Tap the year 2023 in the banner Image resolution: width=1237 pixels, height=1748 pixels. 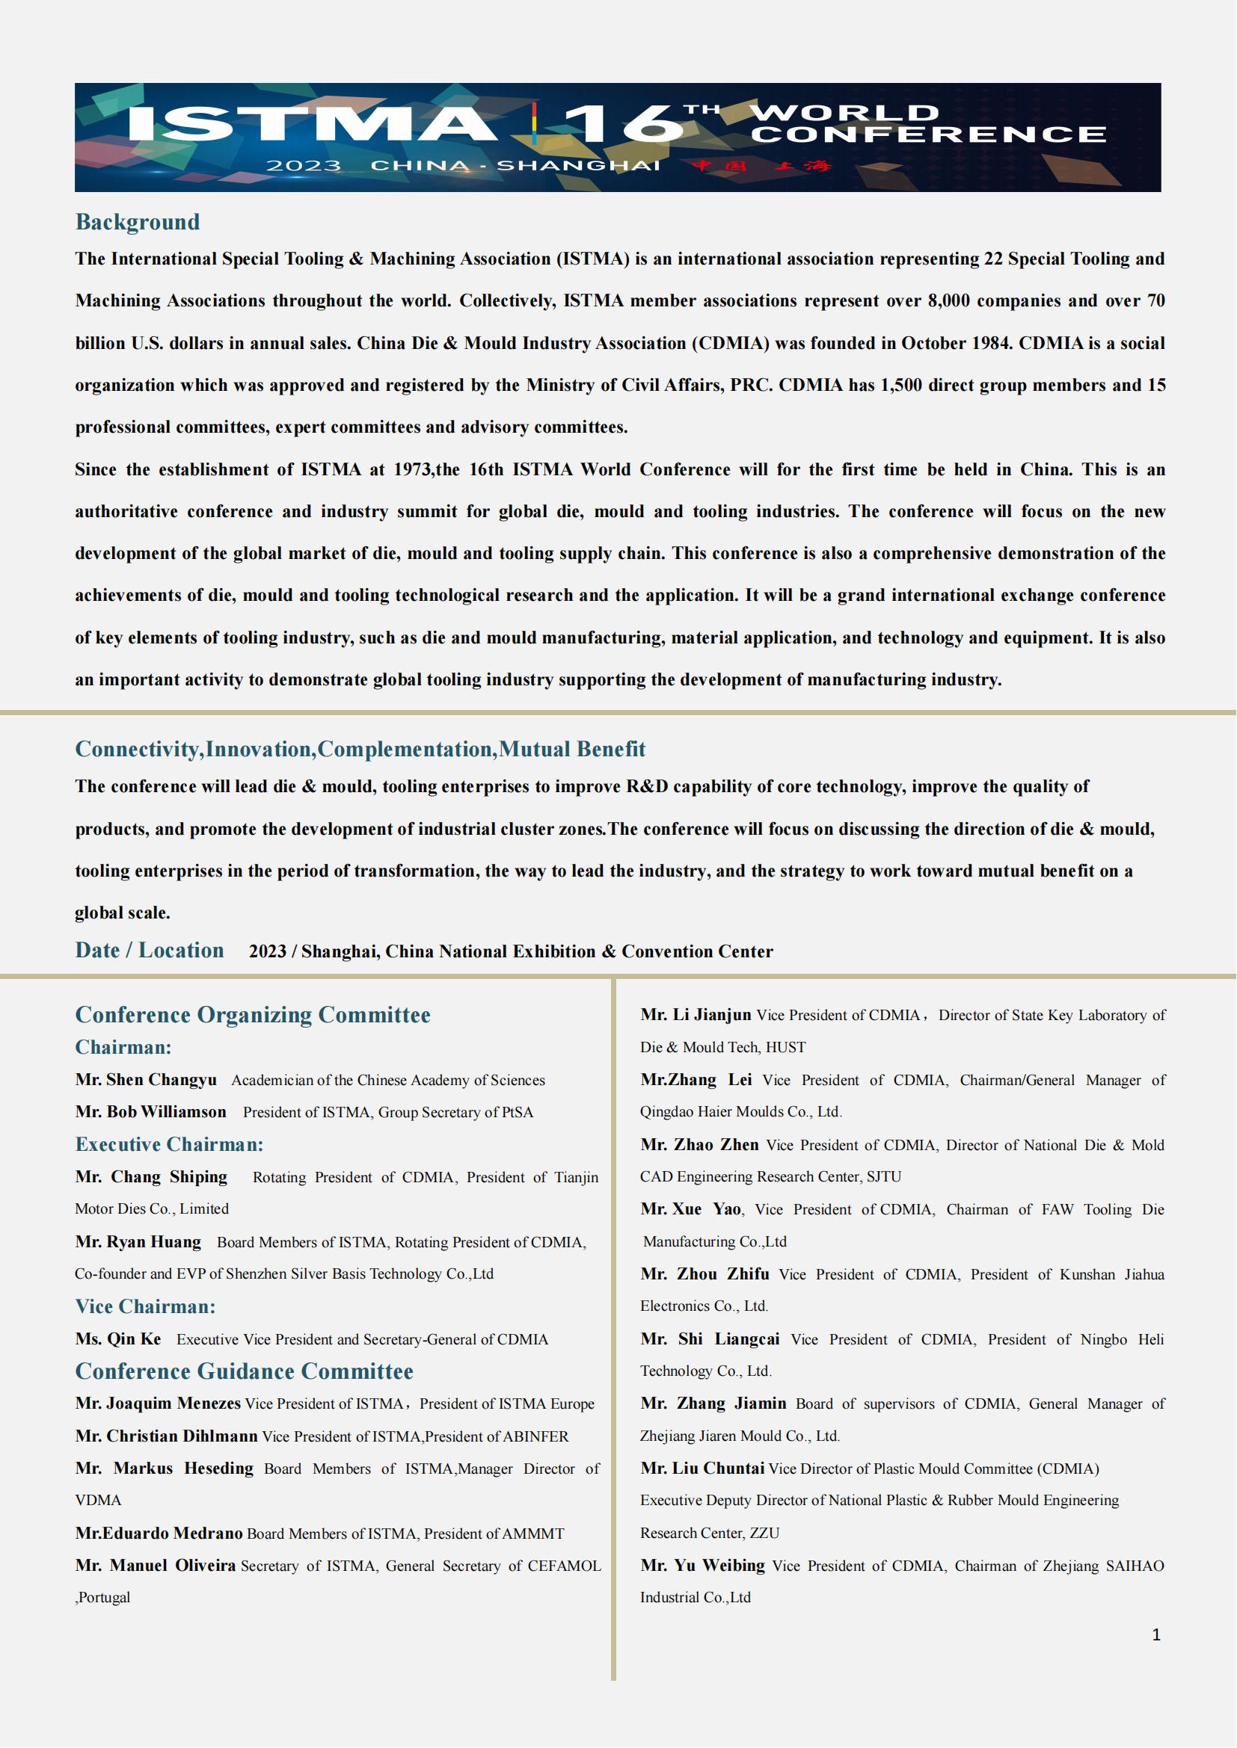pos(303,166)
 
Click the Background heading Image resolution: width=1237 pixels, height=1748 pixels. pos(137,222)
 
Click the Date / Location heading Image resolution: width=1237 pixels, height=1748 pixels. pos(150,950)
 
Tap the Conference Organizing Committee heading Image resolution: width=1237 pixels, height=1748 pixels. pos(252,1015)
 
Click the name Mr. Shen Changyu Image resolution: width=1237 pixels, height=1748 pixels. pos(146,1080)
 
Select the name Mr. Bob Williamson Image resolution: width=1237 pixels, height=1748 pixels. pos(151,1111)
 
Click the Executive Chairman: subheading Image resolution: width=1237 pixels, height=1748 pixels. pos(169,1144)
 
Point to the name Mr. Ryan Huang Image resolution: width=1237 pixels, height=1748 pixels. pos(138,1242)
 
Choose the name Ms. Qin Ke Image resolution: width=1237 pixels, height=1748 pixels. pos(118,1339)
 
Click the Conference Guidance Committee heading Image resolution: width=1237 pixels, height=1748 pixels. pos(244,1371)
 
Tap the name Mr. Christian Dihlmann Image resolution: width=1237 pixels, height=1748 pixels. pos(166,1436)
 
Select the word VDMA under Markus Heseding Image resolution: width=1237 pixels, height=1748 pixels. pos(98,1501)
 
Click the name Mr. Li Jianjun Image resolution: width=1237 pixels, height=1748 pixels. pos(696,1015)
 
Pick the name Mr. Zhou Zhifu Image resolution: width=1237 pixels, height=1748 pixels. pos(705,1274)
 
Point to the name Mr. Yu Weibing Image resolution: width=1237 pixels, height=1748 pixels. pos(702,1566)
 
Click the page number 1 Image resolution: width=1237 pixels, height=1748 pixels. pos(1156,1634)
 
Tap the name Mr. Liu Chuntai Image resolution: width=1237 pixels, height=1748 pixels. pos(702,1468)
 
